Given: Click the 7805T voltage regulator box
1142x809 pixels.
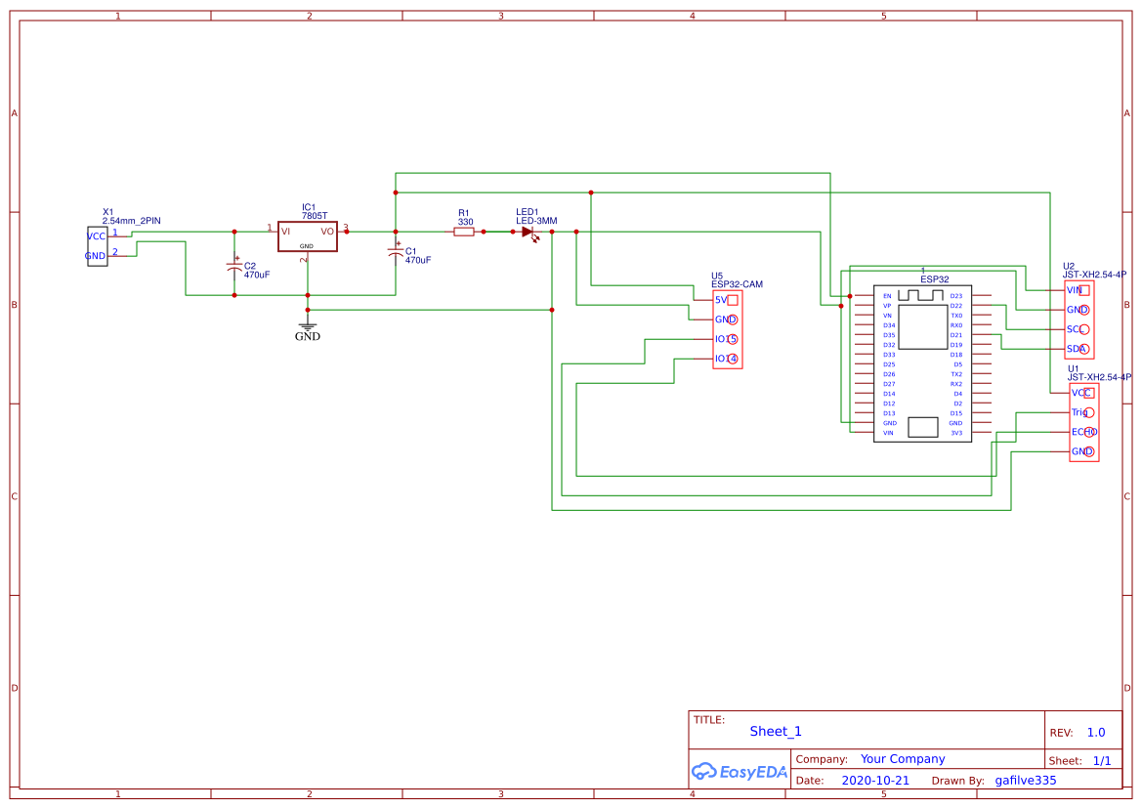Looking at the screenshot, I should [307, 235].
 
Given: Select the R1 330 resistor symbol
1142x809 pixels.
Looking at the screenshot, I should [464, 232].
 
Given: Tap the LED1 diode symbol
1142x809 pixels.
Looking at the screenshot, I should [528, 233].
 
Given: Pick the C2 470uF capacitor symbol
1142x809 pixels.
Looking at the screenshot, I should [234, 266].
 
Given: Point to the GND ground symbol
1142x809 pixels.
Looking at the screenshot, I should [308, 328].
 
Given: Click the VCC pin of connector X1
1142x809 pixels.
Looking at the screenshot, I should [97, 236].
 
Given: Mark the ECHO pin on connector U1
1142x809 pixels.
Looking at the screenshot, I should [1083, 432].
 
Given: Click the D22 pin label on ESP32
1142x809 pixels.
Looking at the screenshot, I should [955, 306].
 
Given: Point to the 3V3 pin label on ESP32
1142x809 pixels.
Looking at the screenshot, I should [955, 433].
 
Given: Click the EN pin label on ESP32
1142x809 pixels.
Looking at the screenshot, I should [887, 296].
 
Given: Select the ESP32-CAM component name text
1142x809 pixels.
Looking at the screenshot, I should [737, 284].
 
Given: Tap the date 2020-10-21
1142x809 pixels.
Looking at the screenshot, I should [875, 781].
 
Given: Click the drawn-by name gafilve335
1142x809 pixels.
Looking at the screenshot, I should [1025, 781].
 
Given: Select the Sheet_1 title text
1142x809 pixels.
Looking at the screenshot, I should [776, 731].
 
